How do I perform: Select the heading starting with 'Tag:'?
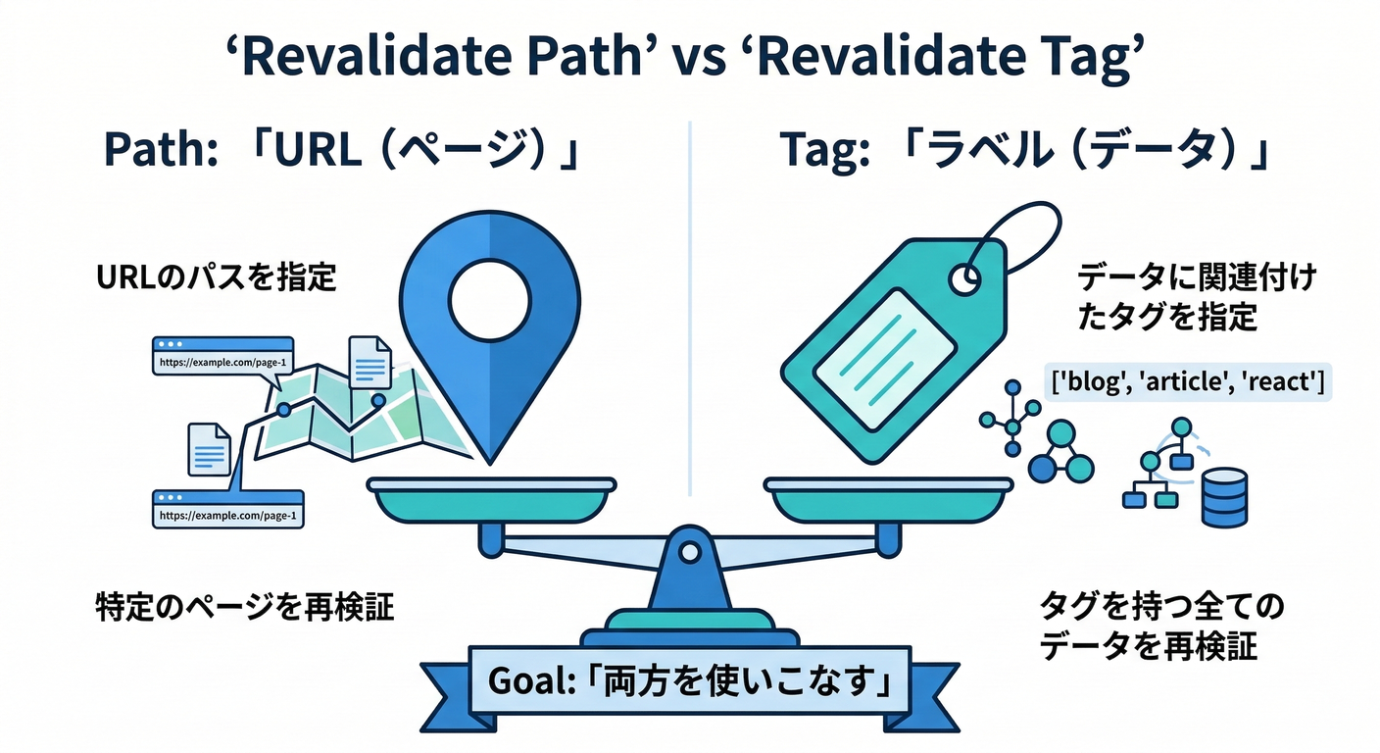pos(1024,154)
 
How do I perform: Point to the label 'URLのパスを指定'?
pos(216,278)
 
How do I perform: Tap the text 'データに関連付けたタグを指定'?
pos(1196,298)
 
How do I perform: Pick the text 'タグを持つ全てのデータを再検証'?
pos(1161,627)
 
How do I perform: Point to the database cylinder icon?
pos(1225,494)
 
